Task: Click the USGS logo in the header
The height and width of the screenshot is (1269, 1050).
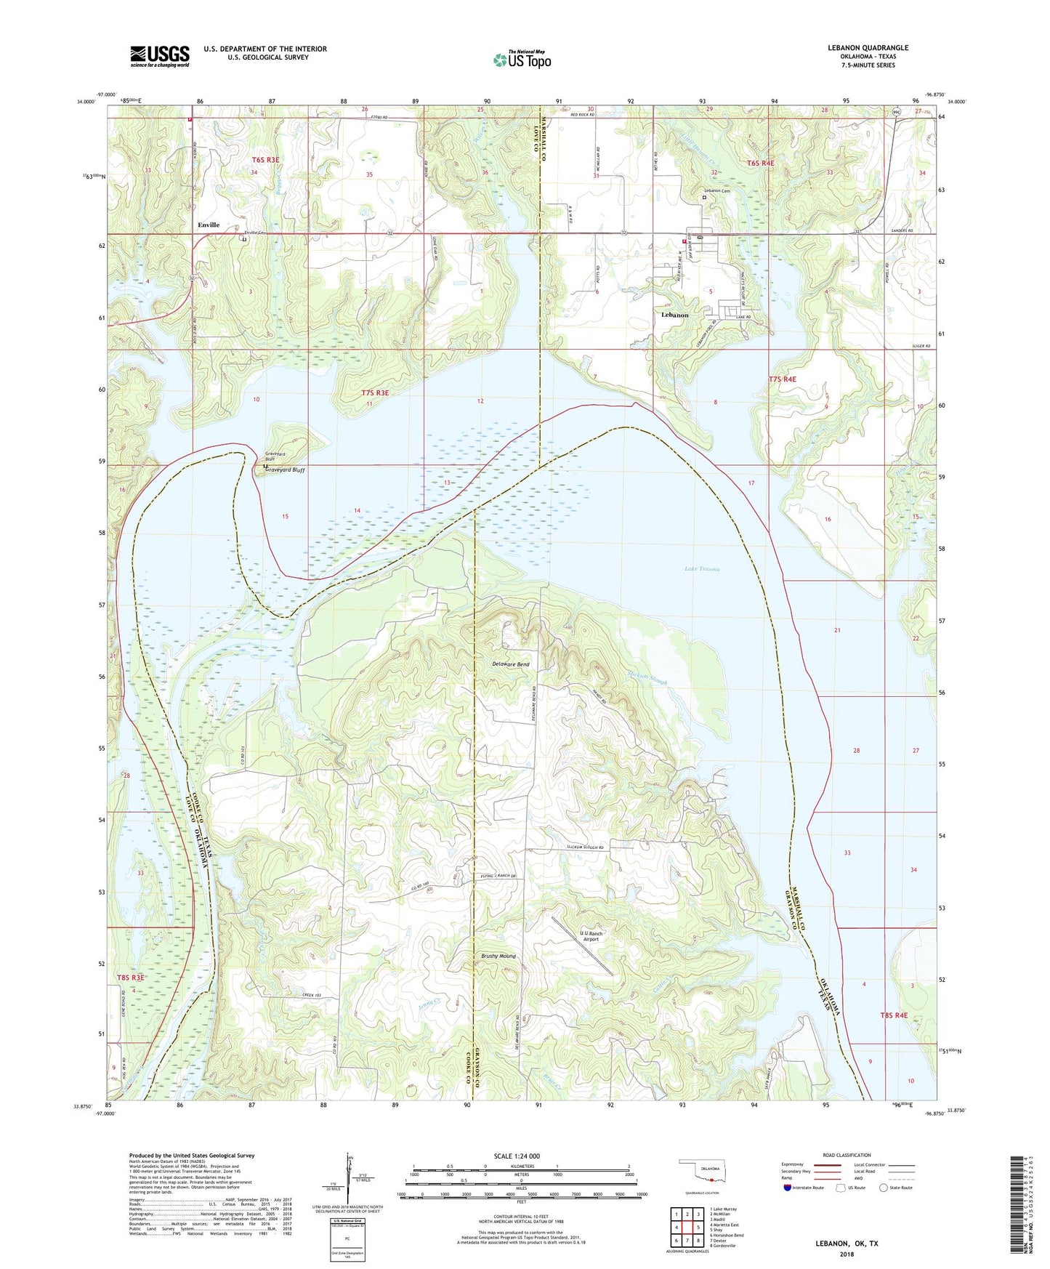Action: point(159,56)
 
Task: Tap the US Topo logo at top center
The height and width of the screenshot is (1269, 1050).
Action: point(522,60)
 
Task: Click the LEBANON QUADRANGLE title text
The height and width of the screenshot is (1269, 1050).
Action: point(867,48)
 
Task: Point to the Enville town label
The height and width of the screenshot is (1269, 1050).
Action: point(209,225)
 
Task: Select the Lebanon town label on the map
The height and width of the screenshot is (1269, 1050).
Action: point(675,315)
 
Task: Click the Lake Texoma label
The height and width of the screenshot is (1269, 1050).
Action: point(702,569)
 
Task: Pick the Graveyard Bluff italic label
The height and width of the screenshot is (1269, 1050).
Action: point(285,470)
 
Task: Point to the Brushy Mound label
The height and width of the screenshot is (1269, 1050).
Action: point(498,956)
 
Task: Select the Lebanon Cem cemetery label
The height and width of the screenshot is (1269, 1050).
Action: point(716,190)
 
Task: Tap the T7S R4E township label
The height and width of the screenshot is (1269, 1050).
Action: point(783,379)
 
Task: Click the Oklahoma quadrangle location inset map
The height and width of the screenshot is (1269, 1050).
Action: point(701,1175)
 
